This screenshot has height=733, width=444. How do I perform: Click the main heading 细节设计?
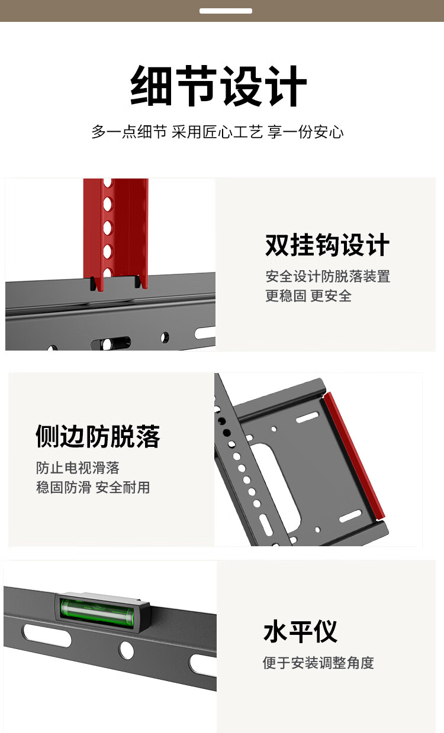point(218,85)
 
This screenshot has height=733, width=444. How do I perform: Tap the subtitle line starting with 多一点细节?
point(218,132)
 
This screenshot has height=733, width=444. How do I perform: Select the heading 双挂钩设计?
point(327,245)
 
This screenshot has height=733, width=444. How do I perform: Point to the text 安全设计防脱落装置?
point(328,276)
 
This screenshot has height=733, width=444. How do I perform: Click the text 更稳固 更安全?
point(308,296)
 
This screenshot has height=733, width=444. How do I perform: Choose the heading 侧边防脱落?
point(98,436)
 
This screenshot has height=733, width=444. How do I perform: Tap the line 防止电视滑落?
point(78,468)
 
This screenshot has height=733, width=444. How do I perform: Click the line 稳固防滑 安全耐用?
point(93,487)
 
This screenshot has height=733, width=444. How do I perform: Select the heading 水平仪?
point(300,631)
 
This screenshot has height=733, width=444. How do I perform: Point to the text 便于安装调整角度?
point(318,663)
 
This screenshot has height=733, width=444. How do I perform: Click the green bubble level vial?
point(97,610)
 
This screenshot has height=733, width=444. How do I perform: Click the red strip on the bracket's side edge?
point(354,456)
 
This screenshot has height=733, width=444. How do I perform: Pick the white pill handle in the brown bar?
point(226,11)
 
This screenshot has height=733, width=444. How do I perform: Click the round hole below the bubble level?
point(126,650)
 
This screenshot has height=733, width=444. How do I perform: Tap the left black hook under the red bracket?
point(94,284)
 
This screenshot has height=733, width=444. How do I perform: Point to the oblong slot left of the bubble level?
point(46,635)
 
